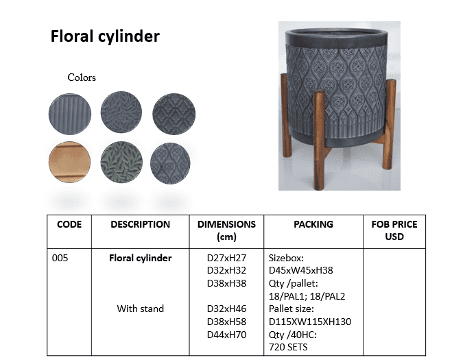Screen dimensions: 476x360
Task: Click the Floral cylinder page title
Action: tap(105, 37)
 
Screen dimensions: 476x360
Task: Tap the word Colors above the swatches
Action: tap(82, 77)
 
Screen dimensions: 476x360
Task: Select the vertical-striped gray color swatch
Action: tap(70, 114)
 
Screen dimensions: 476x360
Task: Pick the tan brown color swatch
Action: tap(69, 162)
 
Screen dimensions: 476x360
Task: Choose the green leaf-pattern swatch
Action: tap(121, 163)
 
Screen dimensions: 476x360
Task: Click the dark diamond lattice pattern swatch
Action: tap(174, 114)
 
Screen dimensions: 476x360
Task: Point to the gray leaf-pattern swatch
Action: tap(121, 112)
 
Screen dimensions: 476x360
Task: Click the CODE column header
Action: tap(69, 224)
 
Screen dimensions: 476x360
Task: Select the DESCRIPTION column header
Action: tap(140, 224)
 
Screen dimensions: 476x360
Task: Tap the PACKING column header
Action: tap(313, 224)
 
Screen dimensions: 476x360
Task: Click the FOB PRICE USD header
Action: tap(394, 230)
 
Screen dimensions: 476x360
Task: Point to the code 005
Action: tap(60, 258)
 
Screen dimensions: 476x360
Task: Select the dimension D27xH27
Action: tap(226, 258)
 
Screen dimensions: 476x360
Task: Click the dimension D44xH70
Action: tap(226, 335)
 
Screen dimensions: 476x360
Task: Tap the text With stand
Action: tap(140, 309)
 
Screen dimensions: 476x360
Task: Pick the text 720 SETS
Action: tap(288, 347)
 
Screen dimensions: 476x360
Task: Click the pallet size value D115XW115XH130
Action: tap(310, 322)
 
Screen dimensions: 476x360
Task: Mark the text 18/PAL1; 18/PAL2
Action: tap(307, 296)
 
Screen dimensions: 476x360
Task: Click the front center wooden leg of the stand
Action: tap(319, 139)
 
